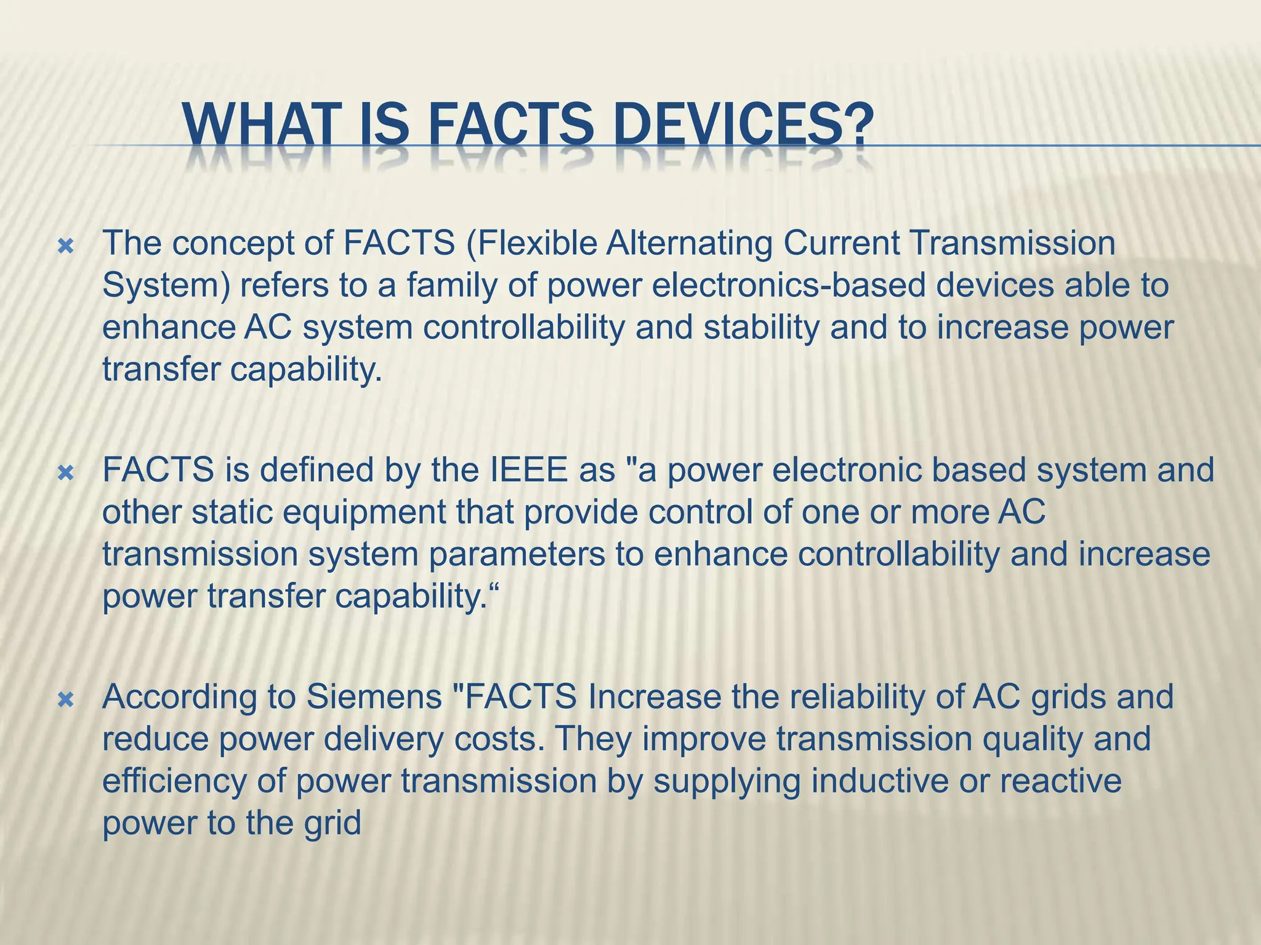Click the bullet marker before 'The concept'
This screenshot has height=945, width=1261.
65,247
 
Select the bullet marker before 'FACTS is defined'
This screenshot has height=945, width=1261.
65,473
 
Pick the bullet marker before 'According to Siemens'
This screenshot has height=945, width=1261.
65,700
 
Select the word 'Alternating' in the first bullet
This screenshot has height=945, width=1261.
689,244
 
